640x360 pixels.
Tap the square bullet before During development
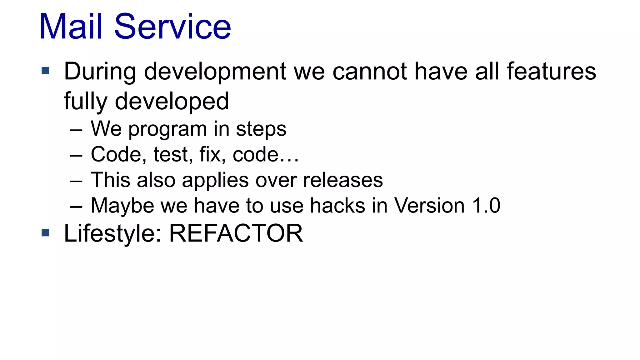coord(45,71)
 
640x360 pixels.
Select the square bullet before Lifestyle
coord(45,233)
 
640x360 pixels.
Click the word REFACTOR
coord(236,233)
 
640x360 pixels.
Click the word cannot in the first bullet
coord(370,72)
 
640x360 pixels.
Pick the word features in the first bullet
coord(551,72)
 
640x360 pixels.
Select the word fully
coord(85,102)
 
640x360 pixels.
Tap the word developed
coord(172,102)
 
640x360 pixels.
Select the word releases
coord(343,180)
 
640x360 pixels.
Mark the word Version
coord(429,206)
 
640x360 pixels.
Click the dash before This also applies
coord(76,181)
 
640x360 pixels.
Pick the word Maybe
coord(122,206)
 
